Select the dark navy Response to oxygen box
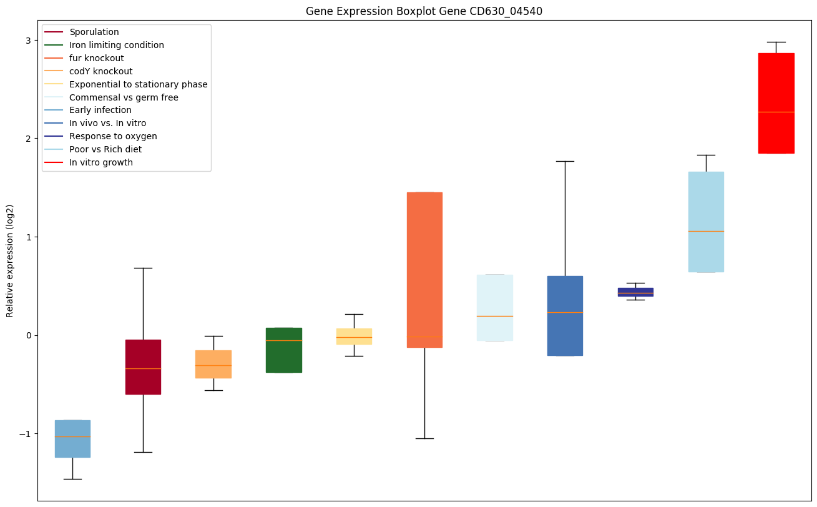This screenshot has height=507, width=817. pyautogui.click(x=635, y=292)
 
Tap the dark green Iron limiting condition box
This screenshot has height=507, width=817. pyautogui.click(x=284, y=350)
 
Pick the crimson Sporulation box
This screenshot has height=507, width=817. pyautogui.click(x=143, y=367)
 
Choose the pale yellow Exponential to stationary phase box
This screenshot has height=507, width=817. pyautogui.click(x=354, y=336)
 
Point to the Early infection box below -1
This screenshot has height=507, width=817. pyautogui.click(x=72, y=438)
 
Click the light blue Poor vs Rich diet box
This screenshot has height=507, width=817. pyautogui.click(x=706, y=222)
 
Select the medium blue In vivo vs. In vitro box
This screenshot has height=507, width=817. pyautogui.click(x=565, y=315)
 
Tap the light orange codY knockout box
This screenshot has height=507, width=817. pyautogui.click(x=213, y=364)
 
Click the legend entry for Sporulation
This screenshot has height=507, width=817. pyautogui.click(x=94, y=32)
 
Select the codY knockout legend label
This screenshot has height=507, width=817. pyautogui.click(x=101, y=71)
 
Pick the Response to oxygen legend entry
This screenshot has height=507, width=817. pyautogui.click(x=113, y=136)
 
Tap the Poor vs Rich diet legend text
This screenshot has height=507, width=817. pyautogui.click(x=105, y=149)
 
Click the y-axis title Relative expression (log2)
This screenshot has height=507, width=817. pyautogui.click(x=10, y=260)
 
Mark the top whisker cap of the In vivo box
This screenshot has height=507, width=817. pyautogui.click(x=565, y=161)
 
